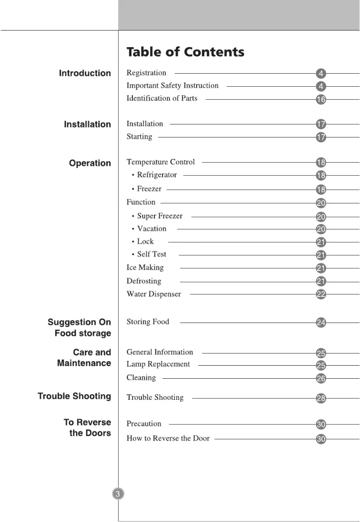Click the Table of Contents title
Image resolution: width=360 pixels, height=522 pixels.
185,52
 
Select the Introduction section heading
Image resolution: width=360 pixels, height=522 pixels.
85,73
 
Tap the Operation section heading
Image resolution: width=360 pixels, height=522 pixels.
90,163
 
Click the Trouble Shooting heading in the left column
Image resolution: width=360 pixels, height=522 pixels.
75,396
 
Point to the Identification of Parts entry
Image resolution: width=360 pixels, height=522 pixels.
162,98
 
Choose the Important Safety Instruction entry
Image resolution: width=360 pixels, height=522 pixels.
172,85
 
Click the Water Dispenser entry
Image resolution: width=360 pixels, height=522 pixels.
154,294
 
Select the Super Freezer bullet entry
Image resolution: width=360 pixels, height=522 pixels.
159,216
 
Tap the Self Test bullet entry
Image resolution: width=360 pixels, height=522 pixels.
151,254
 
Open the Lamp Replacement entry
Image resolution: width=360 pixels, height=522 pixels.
158,364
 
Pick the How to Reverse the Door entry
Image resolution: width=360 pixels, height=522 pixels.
168,438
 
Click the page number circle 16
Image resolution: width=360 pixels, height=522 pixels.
321,100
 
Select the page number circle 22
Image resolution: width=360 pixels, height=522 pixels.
321,295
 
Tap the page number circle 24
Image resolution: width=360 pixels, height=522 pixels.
321,322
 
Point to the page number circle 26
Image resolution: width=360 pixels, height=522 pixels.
321,379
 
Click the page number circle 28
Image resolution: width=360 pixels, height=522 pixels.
321,398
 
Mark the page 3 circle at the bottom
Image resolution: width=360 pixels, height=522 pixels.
118,494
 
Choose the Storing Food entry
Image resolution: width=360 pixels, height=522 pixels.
148,322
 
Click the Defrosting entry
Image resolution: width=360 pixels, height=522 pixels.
144,281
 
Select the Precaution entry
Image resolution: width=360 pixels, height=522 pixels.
144,424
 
